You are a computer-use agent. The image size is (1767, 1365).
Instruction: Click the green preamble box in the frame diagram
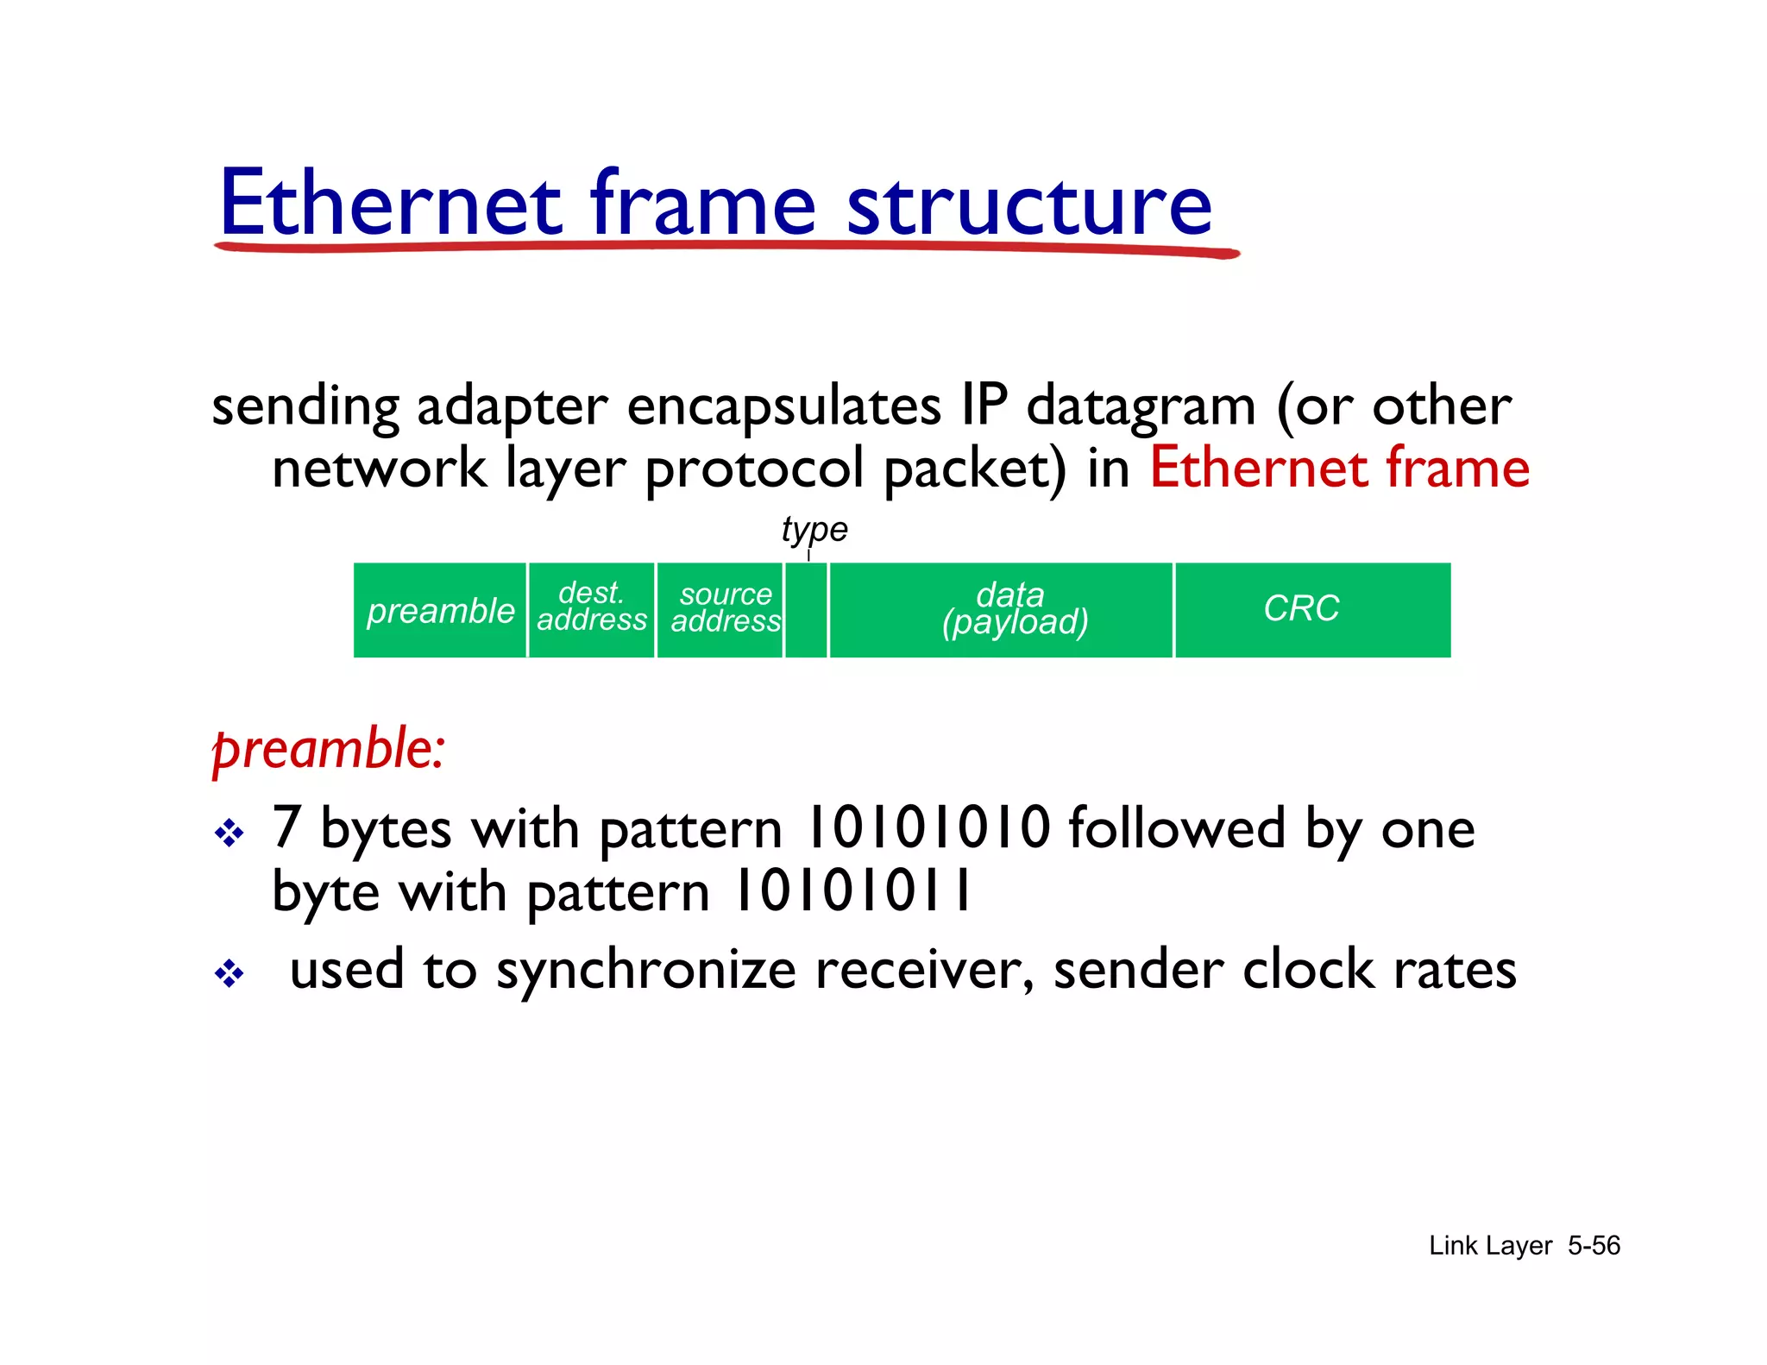(x=440, y=611)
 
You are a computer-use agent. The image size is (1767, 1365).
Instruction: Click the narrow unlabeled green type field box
(x=807, y=611)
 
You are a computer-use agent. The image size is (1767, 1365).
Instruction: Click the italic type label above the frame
(x=814, y=529)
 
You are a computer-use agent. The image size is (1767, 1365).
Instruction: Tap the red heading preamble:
(x=329, y=748)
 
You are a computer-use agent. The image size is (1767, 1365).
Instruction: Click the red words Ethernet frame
(x=1339, y=469)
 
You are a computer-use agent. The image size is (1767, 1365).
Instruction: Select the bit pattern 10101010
(x=927, y=828)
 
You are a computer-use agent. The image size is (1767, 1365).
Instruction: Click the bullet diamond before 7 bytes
(x=230, y=833)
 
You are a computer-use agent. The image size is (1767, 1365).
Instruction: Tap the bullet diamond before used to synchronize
(x=230, y=974)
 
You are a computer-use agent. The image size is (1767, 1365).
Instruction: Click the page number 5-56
(x=1594, y=1245)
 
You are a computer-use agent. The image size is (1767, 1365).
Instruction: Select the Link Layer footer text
(x=1490, y=1245)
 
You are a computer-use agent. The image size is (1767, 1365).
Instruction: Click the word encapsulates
(x=783, y=406)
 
